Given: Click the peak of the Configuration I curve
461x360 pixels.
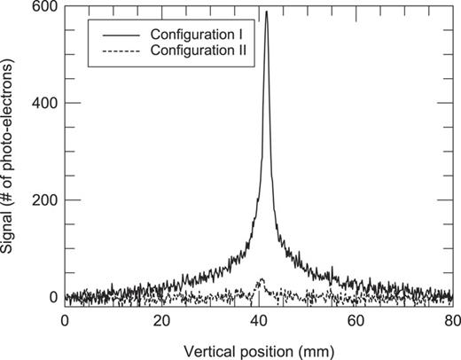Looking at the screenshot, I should click(x=267, y=12).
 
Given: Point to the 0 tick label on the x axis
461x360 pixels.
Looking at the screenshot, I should click(x=65, y=317).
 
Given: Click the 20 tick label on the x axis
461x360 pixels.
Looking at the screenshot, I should click(x=161, y=317).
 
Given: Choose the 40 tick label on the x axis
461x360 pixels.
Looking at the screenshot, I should click(x=258, y=317).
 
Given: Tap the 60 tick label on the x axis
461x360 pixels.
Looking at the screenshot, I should click(x=355, y=317).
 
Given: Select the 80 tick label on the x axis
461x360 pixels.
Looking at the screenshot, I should click(x=450, y=317).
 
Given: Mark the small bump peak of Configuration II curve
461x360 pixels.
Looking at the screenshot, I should click(x=260, y=281).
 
